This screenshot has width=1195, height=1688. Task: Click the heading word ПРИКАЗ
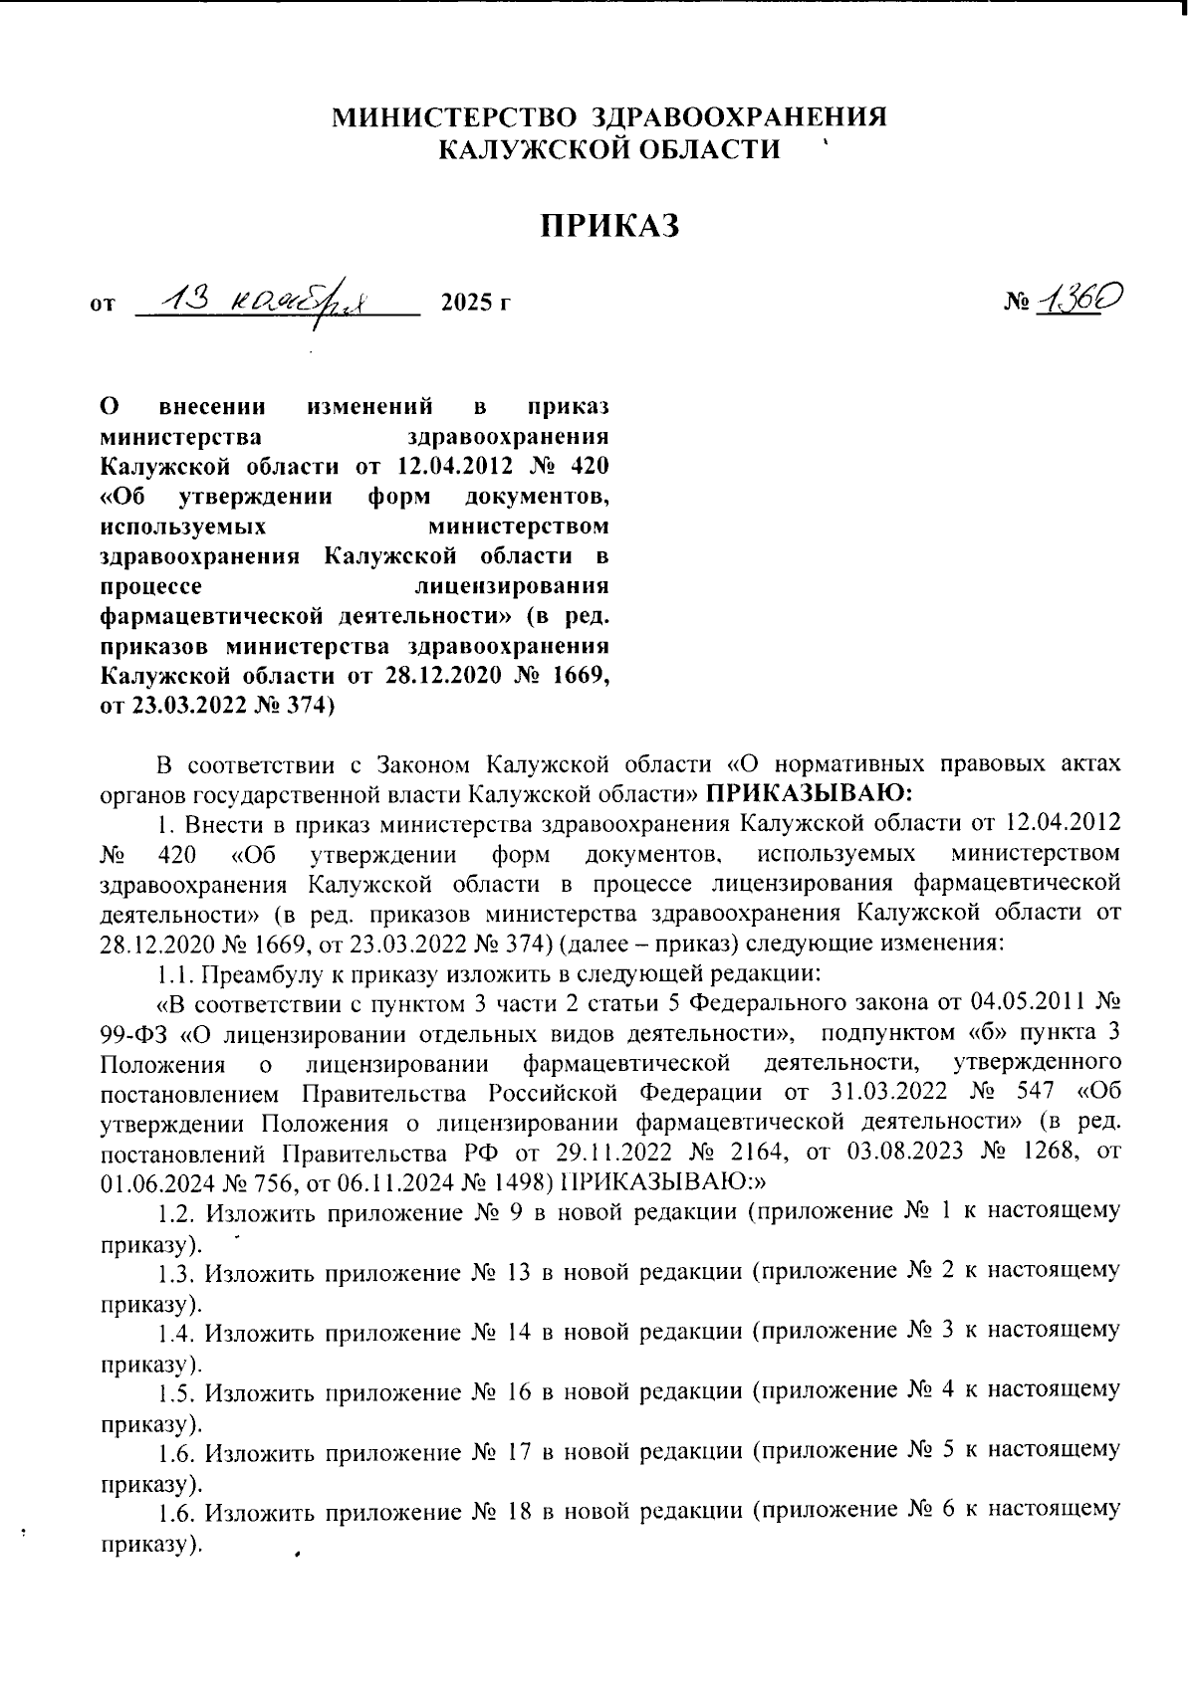(609, 227)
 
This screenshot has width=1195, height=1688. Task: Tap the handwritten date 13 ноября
(275, 297)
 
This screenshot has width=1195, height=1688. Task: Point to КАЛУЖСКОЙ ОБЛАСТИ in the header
(609, 149)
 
